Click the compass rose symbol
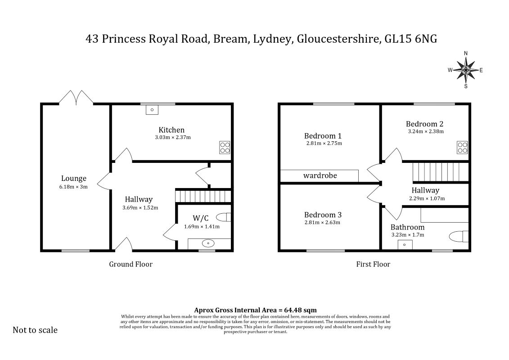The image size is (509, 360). [466, 70]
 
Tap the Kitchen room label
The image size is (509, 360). [171, 130]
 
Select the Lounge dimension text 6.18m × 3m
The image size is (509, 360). [73, 187]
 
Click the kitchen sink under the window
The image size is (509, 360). [152, 110]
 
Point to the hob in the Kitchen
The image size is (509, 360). [225, 148]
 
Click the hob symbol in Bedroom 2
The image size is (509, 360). [462, 148]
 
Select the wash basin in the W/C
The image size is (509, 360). [207, 243]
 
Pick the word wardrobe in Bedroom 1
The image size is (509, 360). [320, 175]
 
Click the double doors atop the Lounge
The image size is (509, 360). [77, 97]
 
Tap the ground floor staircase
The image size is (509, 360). [203, 196]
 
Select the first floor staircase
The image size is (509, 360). [441, 172]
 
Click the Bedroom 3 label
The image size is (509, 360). [323, 215]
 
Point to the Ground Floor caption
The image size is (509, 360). [131, 264]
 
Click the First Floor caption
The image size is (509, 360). [373, 264]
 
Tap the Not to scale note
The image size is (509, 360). [35, 330]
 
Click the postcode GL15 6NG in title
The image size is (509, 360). [410, 39]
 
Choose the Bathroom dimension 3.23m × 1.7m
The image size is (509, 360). [408, 235]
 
